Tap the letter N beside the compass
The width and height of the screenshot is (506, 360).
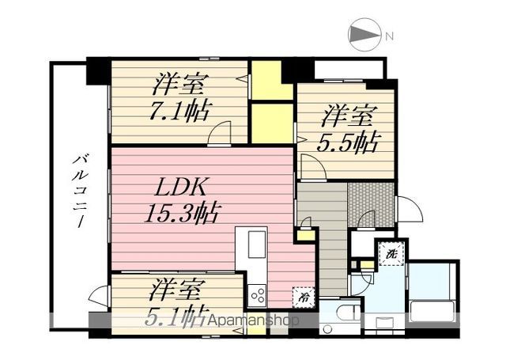389,36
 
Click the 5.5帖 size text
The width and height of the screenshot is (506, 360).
347,143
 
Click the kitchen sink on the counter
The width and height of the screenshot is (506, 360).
258,244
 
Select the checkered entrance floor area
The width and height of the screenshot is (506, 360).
371,201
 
